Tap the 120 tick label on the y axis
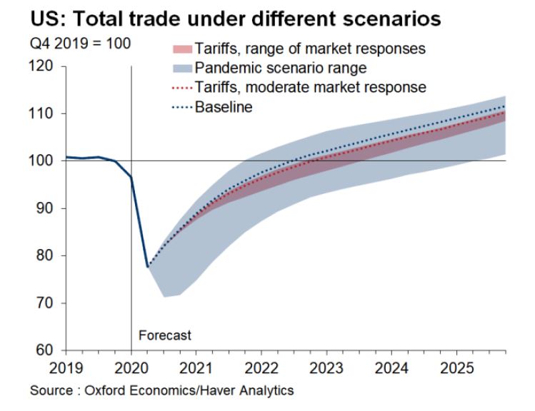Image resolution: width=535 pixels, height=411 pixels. pos(44,66)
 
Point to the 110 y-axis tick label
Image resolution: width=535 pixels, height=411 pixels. pos(44,113)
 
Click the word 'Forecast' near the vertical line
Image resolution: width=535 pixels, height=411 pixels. pos(165,335)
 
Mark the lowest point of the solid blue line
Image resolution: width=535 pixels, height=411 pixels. pos(148,266)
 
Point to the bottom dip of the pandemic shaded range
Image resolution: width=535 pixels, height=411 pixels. pos(165,296)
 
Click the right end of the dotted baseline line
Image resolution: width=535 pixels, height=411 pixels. pos(505,106)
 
